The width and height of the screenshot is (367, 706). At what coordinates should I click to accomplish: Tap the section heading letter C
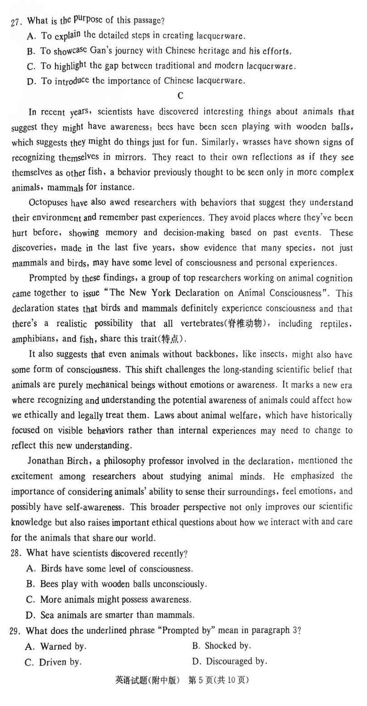(x=180, y=95)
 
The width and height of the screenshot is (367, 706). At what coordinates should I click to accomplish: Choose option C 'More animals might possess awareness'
(x=109, y=599)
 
